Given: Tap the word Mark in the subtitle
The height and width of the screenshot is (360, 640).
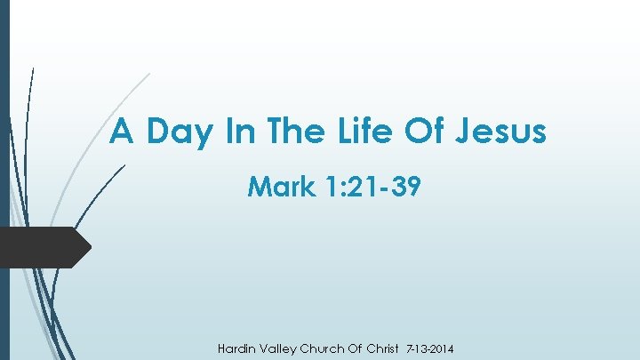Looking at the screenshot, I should (x=280, y=187).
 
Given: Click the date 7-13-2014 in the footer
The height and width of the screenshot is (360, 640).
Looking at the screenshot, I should (x=431, y=348).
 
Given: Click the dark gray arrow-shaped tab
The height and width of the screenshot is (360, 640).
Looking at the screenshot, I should (x=44, y=247).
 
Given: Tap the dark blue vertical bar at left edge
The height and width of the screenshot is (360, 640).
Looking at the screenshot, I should (x=4, y=178).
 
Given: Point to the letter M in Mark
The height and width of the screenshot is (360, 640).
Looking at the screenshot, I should (x=259, y=187).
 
